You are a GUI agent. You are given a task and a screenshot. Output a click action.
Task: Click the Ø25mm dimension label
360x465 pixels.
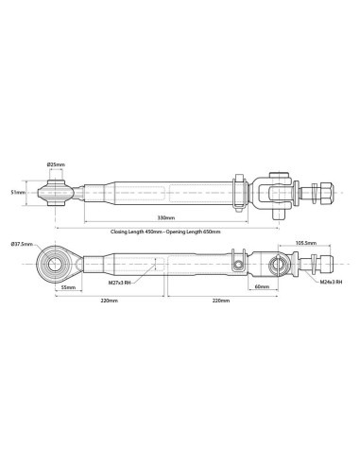pyautogui.click(x=56, y=164)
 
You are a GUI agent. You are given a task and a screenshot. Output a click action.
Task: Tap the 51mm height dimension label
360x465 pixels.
pyautogui.click(x=18, y=192)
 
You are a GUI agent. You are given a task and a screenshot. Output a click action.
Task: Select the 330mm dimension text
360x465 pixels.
pyautogui.click(x=166, y=217)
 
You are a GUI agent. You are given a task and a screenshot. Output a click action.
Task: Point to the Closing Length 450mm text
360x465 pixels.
pyautogui.click(x=136, y=232)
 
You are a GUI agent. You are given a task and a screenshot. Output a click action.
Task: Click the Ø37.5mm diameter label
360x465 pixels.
pyautogui.click(x=22, y=244)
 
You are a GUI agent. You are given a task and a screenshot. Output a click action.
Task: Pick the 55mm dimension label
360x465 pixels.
pyautogui.click(x=68, y=287)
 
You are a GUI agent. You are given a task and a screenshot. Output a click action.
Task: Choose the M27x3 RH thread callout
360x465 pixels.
pyautogui.click(x=120, y=283)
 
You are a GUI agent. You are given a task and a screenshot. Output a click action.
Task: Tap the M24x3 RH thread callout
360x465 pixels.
pyautogui.click(x=331, y=282)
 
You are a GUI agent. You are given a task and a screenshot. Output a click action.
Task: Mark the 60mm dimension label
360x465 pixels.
pyautogui.click(x=262, y=286)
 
